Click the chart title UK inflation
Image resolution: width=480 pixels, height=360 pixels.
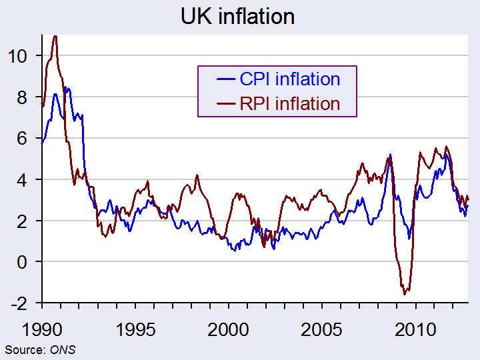click(x=237, y=16)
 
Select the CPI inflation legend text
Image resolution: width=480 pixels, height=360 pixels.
click(x=289, y=79)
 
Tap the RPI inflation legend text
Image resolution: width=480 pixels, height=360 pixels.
click(x=289, y=103)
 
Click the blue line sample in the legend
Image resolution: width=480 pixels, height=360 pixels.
click(x=226, y=79)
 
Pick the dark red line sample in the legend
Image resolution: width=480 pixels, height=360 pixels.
click(x=226, y=104)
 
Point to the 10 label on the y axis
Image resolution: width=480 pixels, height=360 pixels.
click(x=17, y=56)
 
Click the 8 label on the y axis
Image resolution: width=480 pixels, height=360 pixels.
click(x=22, y=97)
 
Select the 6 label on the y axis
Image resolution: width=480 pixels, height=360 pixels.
click(x=22, y=139)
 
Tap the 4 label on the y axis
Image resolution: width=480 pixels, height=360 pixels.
click(x=22, y=180)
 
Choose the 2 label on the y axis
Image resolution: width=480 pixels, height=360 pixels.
click(x=22, y=221)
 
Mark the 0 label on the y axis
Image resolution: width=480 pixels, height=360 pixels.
click(x=22, y=263)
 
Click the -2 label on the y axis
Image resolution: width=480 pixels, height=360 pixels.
click(x=19, y=304)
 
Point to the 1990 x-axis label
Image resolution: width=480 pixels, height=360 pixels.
click(x=42, y=330)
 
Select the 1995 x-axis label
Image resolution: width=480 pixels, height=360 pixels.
click(x=135, y=330)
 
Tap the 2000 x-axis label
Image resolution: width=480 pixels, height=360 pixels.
click(x=229, y=330)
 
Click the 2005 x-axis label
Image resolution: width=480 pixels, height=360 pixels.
click(x=321, y=330)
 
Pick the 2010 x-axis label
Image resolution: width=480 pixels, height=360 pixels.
click(x=415, y=330)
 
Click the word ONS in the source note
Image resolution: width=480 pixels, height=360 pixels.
click(x=63, y=350)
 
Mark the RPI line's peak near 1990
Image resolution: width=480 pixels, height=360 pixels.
click(x=55, y=36)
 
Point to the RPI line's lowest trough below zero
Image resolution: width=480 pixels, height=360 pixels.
click(x=405, y=295)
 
